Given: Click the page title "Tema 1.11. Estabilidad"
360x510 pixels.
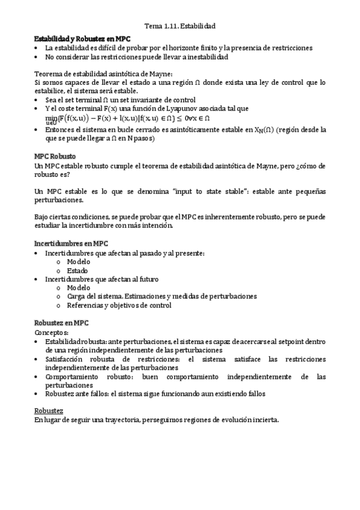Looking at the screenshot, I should pyautogui.click(x=181, y=26).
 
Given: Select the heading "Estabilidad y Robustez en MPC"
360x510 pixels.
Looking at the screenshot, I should pyautogui.click(x=78, y=37).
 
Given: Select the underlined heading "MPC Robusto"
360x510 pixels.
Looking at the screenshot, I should pyautogui.click(x=55, y=156).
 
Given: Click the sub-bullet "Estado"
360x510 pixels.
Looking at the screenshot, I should pyautogui.click(x=78, y=271).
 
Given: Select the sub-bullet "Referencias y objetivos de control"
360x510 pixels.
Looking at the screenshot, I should pyautogui.click(x=119, y=305).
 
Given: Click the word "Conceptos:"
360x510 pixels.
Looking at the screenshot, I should pyautogui.click(x=52, y=332).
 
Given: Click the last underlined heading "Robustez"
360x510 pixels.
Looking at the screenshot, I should pyautogui.click(x=50, y=411).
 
